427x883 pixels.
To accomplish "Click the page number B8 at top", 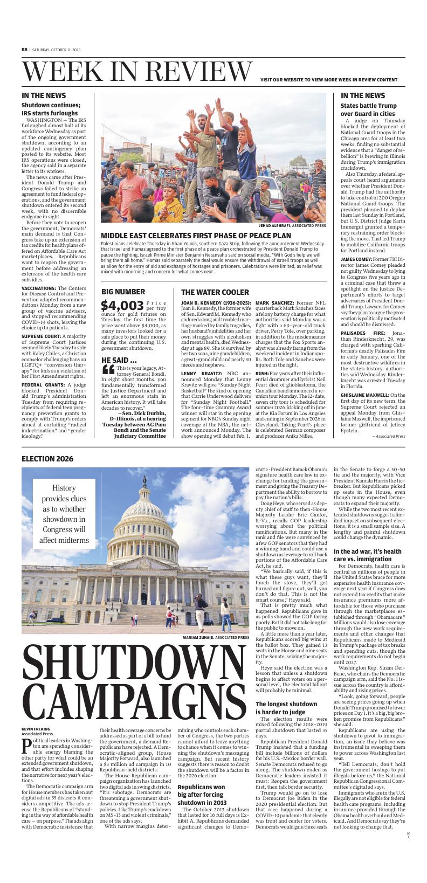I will click(x=24, y=49).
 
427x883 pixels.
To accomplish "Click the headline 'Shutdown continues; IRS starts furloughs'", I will click(x=51, y=109).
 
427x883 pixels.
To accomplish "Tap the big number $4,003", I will click(x=122, y=306).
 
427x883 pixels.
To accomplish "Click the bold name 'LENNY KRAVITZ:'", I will click(x=201, y=373).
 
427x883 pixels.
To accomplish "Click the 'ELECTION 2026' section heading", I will click(x=47, y=459).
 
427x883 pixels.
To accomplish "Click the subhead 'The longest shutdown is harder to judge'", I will click(x=286, y=708).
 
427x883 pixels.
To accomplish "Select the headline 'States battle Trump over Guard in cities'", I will click(x=368, y=110).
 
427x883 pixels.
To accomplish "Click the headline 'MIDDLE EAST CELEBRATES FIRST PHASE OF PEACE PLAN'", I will click(x=196, y=236).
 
